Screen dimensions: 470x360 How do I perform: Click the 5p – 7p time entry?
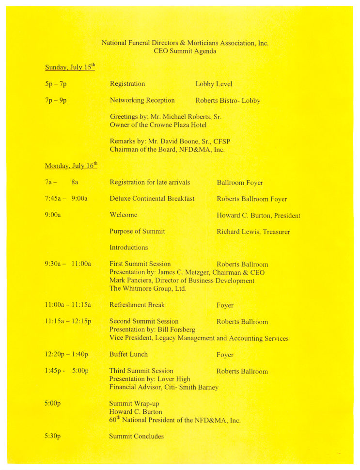56,84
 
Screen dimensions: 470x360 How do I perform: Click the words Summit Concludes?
137,436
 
